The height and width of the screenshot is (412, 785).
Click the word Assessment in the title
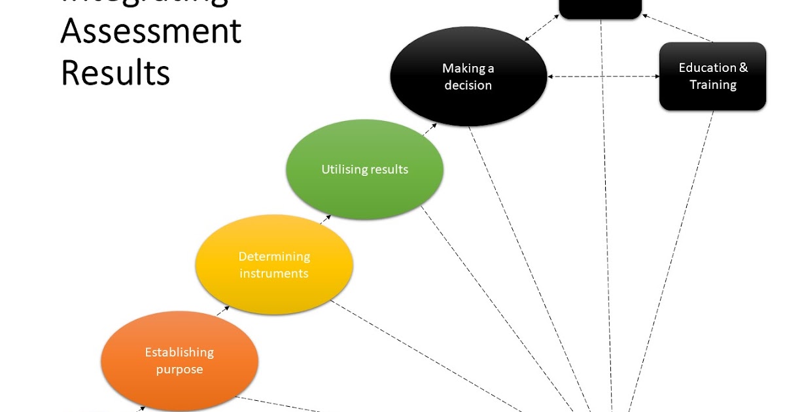pyautogui.click(x=151, y=31)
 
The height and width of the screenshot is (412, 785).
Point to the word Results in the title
pyautogui.click(x=116, y=73)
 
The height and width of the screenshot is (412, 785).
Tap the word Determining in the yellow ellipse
pyautogui.click(x=274, y=256)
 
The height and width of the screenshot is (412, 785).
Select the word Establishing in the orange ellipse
pyautogui.click(x=179, y=352)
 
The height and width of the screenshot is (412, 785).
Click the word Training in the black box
pyautogui.click(x=713, y=85)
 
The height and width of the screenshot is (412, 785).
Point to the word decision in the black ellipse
pyautogui.click(x=468, y=85)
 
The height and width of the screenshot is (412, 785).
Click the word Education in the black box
pyautogui.click(x=707, y=67)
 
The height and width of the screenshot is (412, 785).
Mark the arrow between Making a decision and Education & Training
pyautogui.click(x=602, y=77)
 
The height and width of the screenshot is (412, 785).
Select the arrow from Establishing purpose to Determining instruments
pyautogui.click(x=223, y=311)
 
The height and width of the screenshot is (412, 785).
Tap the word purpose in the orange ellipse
pyautogui.click(x=179, y=369)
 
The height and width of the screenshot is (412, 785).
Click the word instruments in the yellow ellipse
pyautogui.click(x=273, y=273)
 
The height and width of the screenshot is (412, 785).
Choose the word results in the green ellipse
pyautogui.click(x=389, y=169)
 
